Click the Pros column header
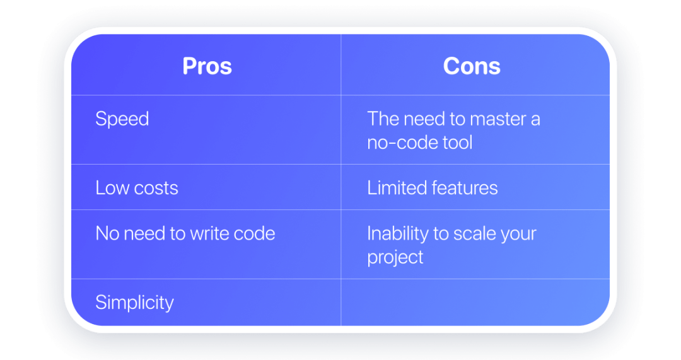[x=207, y=66]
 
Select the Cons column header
[x=472, y=66]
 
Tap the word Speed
[x=122, y=119]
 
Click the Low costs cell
[x=137, y=188]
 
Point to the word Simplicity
[x=134, y=303]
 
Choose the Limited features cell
[x=433, y=188]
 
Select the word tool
[x=457, y=142]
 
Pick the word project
[x=395, y=257]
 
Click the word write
[x=207, y=234]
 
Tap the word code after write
[x=253, y=234]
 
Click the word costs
[x=155, y=188]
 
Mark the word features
[x=463, y=188]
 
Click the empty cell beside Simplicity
[x=475, y=303]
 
